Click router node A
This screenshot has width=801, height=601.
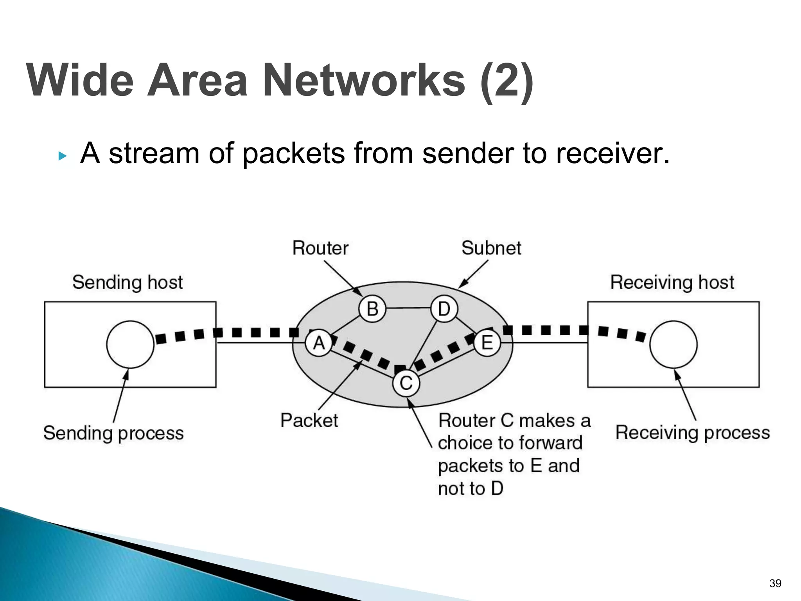[x=319, y=344]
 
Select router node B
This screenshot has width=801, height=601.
[x=372, y=309]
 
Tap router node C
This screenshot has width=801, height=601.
[x=406, y=383]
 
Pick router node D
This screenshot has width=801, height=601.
[x=444, y=309]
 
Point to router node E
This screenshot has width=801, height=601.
[x=487, y=343]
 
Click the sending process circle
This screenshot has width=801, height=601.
[x=130, y=344]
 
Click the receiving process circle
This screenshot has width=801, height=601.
[x=673, y=344]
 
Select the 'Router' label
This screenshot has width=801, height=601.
[x=320, y=248]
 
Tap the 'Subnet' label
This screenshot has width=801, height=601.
[x=491, y=248]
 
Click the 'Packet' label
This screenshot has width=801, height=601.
[x=309, y=421]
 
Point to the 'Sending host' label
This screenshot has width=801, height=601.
[x=128, y=283]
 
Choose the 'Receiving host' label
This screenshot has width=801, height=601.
[x=672, y=283]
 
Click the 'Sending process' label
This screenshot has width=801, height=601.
[x=113, y=433]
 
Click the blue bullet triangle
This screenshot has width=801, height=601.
[x=62, y=157]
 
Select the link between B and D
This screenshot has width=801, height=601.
[x=408, y=308]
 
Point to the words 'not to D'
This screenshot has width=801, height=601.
[x=471, y=489]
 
